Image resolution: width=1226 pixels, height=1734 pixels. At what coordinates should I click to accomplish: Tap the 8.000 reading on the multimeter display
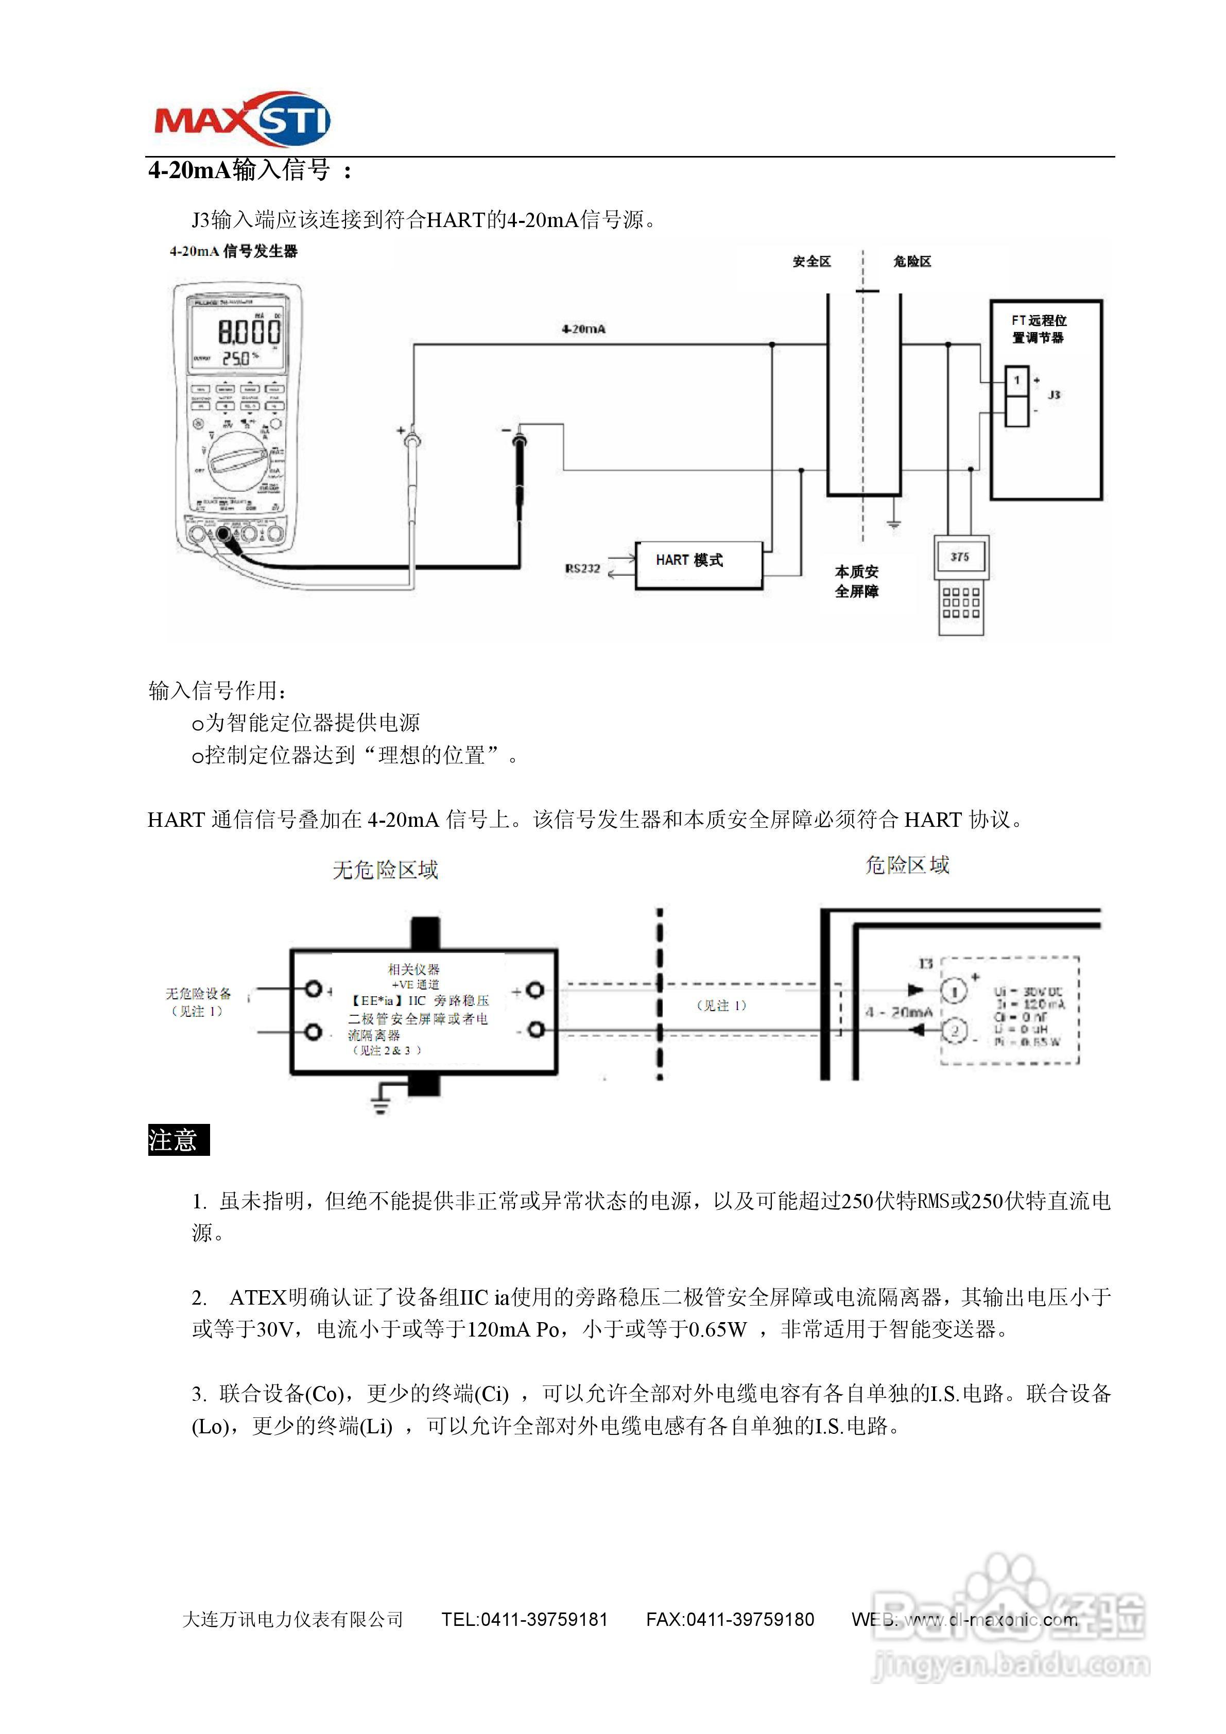click(x=249, y=331)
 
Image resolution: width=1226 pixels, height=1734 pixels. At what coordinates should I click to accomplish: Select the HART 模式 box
click(x=699, y=565)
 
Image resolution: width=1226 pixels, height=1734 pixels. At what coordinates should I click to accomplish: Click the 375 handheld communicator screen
click(x=959, y=558)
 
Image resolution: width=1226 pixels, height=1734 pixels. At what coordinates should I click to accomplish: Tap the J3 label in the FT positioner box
click(x=1055, y=395)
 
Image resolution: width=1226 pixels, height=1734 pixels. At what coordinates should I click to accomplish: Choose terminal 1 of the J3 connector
click(x=1017, y=380)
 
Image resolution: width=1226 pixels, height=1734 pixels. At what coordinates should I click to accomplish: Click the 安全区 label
click(x=811, y=262)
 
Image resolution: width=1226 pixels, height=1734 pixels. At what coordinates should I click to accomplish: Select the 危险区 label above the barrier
click(x=912, y=262)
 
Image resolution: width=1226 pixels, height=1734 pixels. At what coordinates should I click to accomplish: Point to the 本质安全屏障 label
click(x=857, y=582)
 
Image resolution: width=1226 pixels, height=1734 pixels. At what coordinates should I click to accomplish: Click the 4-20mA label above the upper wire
click(x=583, y=330)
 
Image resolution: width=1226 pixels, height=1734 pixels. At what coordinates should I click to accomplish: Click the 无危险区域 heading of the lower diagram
click(x=385, y=870)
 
